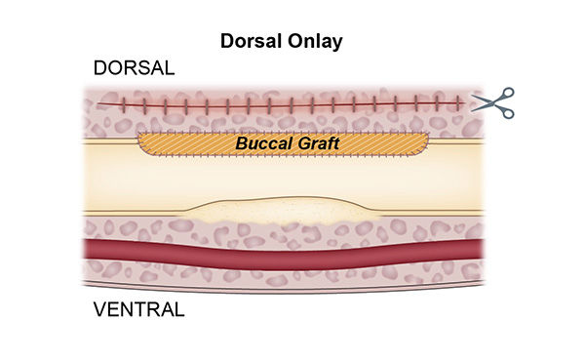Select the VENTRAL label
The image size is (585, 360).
click(x=139, y=311)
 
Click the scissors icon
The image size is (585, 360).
click(x=492, y=103)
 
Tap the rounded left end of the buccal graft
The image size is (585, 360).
click(x=142, y=143)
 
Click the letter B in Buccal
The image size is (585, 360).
click(x=241, y=143)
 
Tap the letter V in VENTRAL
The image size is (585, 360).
click(x=99, y=311)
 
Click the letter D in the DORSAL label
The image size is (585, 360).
click(x=99, y=69)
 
